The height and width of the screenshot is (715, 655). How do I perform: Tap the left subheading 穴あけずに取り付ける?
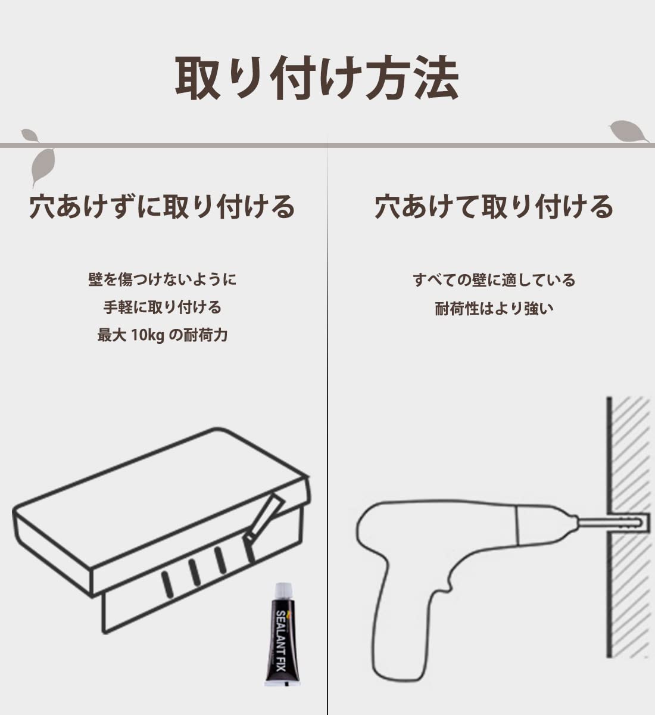tap(163, 207)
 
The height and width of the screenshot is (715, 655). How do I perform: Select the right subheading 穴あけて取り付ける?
tap(494, 207)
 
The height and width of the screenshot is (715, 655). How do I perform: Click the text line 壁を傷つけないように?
tap(163, 279)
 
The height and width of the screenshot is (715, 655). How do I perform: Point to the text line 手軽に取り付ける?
tap(163, 307)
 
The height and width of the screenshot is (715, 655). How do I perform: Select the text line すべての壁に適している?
tap(494, 279)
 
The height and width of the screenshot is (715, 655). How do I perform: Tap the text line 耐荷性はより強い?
tap(494, 308)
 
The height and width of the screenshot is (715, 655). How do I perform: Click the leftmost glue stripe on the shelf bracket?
tap(167, 584)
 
